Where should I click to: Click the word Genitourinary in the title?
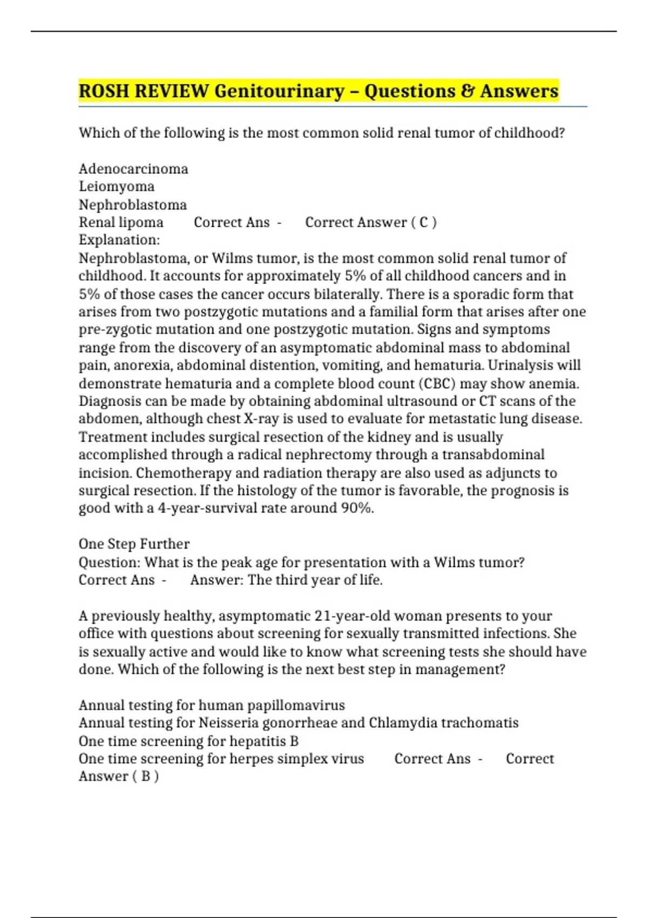click(x=279, y=91)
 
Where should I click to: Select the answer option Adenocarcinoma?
click(x=133, y=169)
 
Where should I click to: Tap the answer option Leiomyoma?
click(x=117, y=187)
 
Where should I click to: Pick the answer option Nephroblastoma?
click(x=133, y=205)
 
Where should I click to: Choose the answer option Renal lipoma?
click(x=121, y=222)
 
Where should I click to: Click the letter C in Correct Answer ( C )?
click(x=424, y=222)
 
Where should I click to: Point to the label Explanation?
click(x=119, y=240)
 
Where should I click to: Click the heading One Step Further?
click(x=134, y=544)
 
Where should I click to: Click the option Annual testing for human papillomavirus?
click(x=212, y=705)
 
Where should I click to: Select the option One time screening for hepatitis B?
click(x=188, y=741)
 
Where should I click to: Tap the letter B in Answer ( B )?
click(x=145, y=777)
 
